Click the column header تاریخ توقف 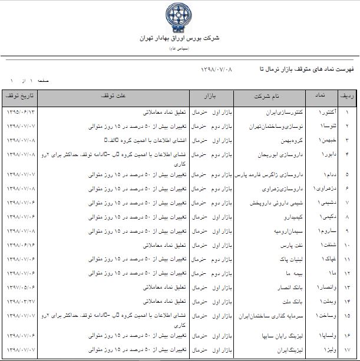tap(20, 95)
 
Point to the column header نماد tap(319, 95)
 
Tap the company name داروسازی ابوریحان tap(268, 154)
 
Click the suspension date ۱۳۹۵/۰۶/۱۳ tap(21, 111)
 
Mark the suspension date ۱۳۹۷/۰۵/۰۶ tap(21, 287)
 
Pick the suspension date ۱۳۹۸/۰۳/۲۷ tap(21, 300)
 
